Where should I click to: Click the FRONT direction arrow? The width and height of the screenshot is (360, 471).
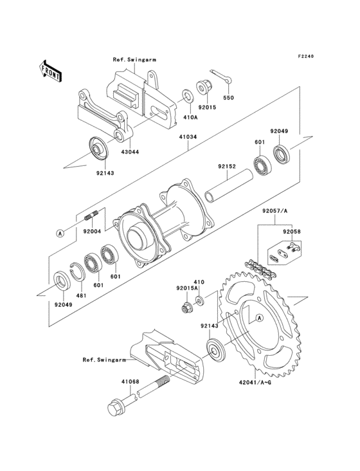tap(50, 71)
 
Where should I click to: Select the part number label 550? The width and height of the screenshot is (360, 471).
tap(228, 98)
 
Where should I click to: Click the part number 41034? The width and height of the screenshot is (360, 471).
tap(188, 137)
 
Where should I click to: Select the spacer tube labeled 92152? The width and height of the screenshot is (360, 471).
tap(228, 186)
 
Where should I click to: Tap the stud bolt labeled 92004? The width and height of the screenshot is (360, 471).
tap(92, 216)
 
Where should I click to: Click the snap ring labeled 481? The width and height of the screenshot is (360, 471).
tap(76, 272)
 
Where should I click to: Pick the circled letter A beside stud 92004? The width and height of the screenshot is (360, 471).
tap(60, 233)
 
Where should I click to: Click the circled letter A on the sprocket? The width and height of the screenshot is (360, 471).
tap(260, 317)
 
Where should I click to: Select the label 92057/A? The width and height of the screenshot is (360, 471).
tap(275, 211)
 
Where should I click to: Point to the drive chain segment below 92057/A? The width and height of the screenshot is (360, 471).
tap(260, 270)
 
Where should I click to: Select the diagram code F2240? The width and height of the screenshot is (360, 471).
tap(306, 56)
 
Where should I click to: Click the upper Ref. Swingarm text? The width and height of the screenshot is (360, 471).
tap(134, 59)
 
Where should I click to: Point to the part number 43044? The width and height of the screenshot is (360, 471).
tap(130, 152)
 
